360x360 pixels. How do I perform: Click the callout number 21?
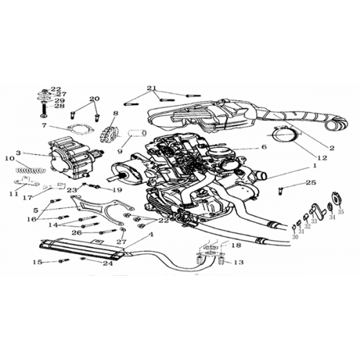point(150,89)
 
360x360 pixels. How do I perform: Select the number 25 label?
point(310,183)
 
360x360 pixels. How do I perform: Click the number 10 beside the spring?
point(9,158)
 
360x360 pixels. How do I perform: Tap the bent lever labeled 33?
point(315,214)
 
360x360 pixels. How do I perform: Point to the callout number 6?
point(264,147)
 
